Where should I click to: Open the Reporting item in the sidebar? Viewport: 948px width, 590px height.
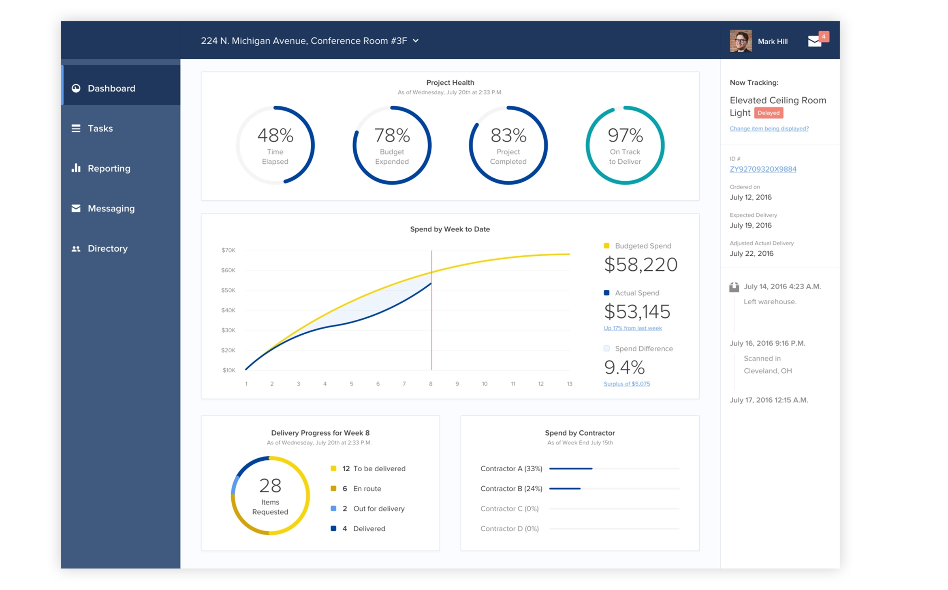109,169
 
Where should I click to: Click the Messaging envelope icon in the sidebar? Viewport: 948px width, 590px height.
76,208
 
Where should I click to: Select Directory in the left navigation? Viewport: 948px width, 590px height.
107,248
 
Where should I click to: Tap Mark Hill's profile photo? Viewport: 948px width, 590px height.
741,41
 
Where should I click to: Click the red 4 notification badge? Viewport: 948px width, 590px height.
823,36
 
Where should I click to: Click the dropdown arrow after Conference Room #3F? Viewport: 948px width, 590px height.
416,41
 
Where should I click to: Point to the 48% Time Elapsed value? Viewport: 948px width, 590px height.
275,135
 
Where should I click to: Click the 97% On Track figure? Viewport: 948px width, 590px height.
625,135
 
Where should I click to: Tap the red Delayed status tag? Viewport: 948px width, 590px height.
768,113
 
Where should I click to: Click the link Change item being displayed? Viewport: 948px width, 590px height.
769,128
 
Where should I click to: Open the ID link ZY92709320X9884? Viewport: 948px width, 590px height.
763,169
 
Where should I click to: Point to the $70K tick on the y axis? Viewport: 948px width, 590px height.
228,250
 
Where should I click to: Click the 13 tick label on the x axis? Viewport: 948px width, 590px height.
569,384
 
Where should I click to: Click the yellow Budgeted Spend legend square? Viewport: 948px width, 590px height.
606,246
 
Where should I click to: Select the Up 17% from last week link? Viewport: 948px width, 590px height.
632,328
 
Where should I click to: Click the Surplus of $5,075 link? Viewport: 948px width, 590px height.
626,384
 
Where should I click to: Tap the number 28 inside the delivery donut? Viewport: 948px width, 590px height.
270,485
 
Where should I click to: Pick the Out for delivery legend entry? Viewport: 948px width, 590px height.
378,509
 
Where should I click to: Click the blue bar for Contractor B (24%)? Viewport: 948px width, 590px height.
565,489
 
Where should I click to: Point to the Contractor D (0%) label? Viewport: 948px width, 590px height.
509,528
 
